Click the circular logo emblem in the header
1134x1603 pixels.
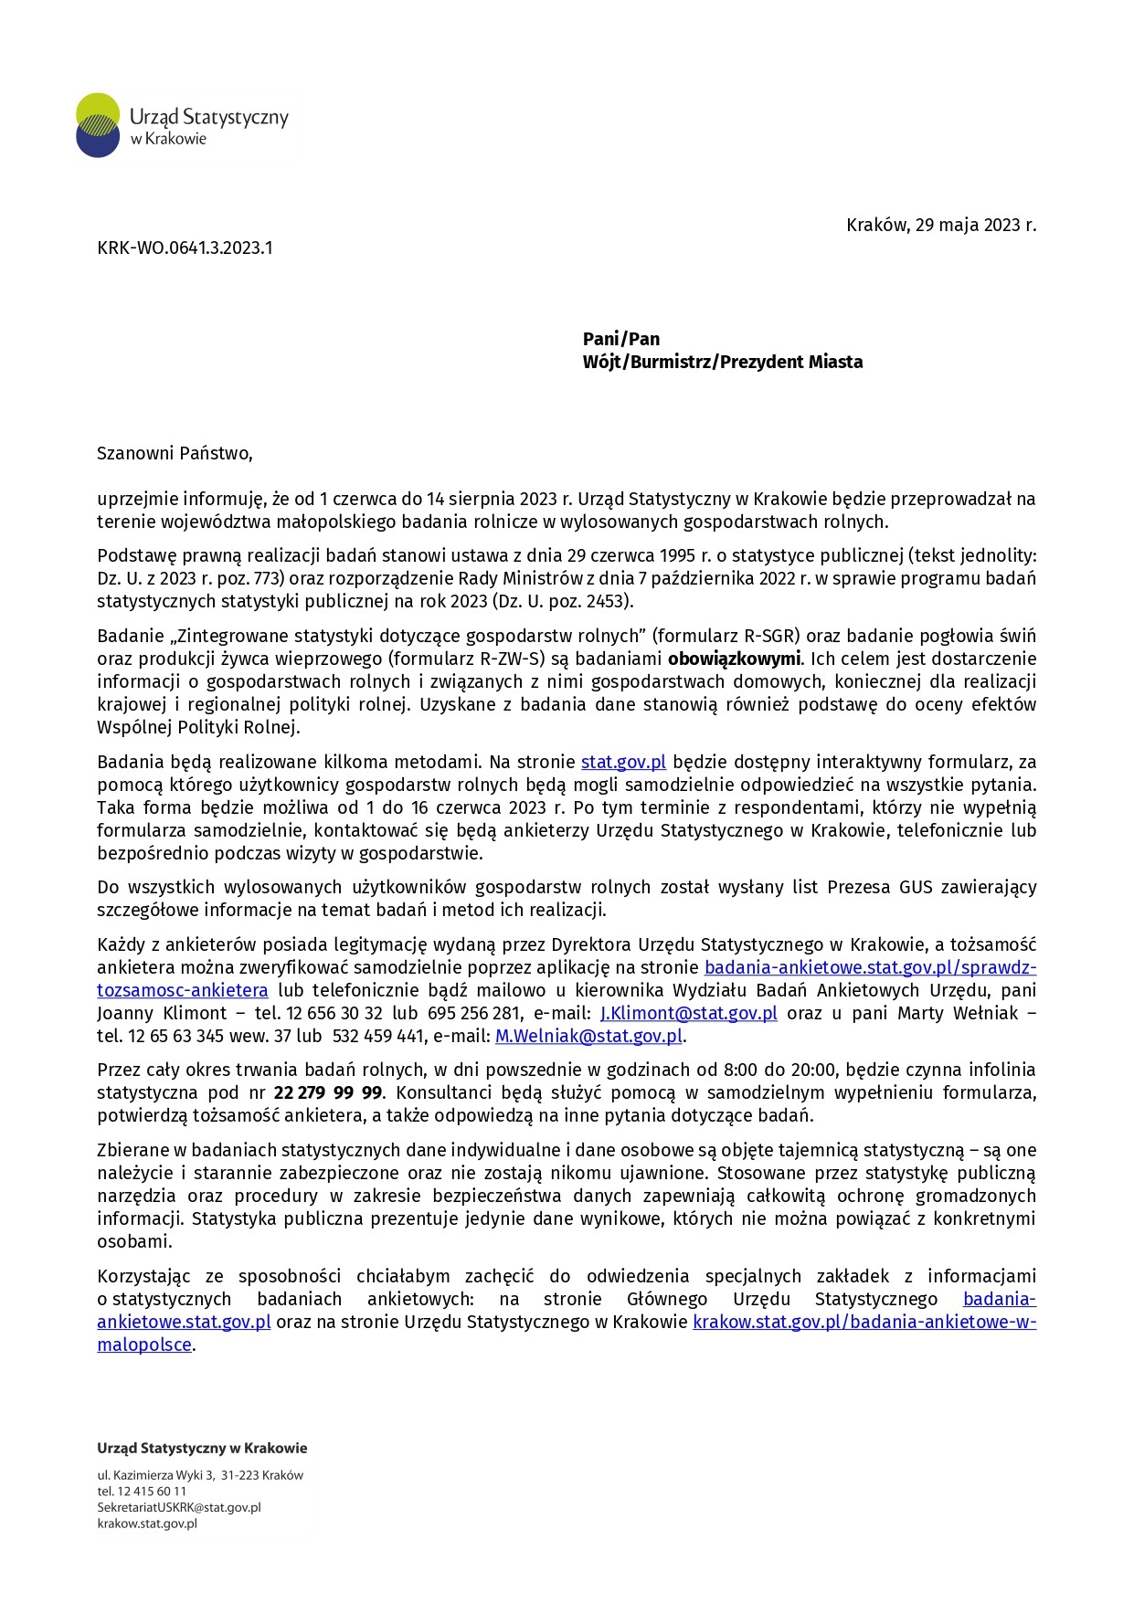pyautogui.click(x=98, y=125)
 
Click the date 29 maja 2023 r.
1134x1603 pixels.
pyautogui.click(x=975, y=225)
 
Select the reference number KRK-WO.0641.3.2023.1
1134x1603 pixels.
pyautogui.click(x=185, y=248)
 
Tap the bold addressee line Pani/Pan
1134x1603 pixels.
pyautogui.click(x=620, y=339)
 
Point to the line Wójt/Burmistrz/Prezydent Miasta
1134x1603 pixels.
pyautogui.click(x=722, y=362)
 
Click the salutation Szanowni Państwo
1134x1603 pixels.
pyautogui.click(x=175, y=453)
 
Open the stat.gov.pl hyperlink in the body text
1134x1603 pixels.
pyautogui.click(x=623, y=762)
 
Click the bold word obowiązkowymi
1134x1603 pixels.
pyautogui.click(x=734, y=659)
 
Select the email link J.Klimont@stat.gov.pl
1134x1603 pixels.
pyautogui.click(x=688, y=1013)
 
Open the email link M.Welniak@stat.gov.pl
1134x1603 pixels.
pyautogui.click(x=588, y=1036)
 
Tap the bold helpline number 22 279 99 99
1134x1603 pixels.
pyautogui.click(x=327, y=1092)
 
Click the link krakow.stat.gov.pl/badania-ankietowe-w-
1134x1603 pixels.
pyautogui.click(x=864, y=1322)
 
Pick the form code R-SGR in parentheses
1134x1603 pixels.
pyautogui.click(x=769, y=636)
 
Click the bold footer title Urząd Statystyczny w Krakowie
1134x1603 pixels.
pyautogui.click(x=202, y=1448)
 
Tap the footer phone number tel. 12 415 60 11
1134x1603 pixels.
pyautogui.click(x=142, y=1491)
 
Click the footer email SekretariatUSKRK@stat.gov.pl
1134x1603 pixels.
pyautogui.click(x=179, y=1507)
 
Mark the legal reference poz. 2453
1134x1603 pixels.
pyautogui.click(x=586, y=601)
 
